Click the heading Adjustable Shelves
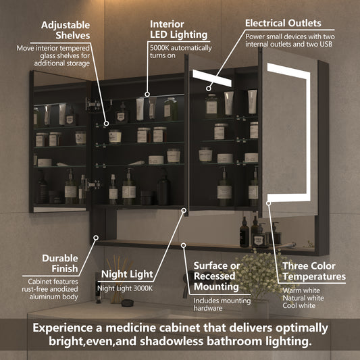tap(65, 30)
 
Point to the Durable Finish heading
tap(60, 263)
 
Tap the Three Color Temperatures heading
tap(313, 272)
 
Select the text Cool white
tap(300, 306)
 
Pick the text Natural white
tap(303, 299)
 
